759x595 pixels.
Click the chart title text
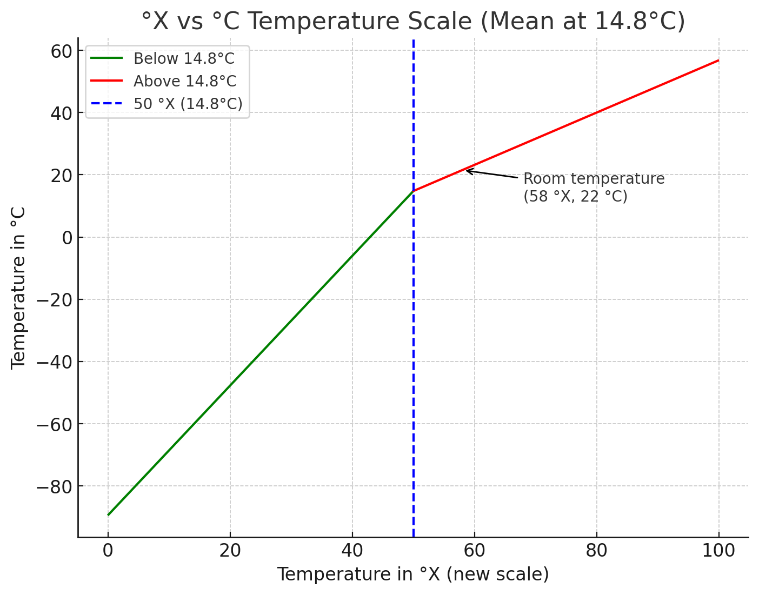click(413, 22)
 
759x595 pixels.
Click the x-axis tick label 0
click(108, 551)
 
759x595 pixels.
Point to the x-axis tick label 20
click(230, 551)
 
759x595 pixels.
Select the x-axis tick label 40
click(352, 551)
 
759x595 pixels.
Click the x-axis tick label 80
click(597, 551)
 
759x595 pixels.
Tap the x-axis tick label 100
click(718, 551)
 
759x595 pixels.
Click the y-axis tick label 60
click(61, 51)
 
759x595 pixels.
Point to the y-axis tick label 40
click(61, 113)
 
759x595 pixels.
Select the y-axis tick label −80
click(54, 486)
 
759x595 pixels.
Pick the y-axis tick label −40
click(54, 362)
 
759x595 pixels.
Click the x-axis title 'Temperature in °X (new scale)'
click(413, 574)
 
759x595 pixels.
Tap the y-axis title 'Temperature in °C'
click(19, 287)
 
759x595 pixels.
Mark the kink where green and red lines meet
click(414, 191)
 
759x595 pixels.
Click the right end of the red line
click(718, 60)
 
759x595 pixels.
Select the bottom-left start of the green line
click(108, 515)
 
